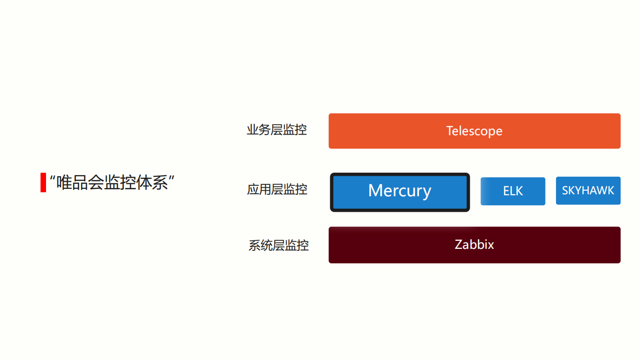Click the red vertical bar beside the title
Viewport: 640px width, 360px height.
[43, 182]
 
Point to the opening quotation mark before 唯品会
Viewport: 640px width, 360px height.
[53, 177]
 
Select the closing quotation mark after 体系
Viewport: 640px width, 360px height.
[171, 177]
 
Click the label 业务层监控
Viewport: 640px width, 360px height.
[276, 130]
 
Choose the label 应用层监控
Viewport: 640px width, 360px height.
[277, 190]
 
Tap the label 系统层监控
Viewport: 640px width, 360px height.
[278, 246]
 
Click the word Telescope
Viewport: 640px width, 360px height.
[474, 131]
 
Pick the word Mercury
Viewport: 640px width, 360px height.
[399, 191]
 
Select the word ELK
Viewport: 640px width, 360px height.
[513, 191]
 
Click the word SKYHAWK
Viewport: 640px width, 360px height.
[588, 191]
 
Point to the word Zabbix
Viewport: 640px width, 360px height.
[474, 245]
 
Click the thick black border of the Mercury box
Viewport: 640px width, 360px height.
[332, 192]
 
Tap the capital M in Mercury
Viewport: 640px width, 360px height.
[375, 190]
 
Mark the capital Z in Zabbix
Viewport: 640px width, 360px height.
[458, 245]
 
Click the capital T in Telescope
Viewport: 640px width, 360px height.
[449, 131]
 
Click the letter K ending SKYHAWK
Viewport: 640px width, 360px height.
[610, 191]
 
